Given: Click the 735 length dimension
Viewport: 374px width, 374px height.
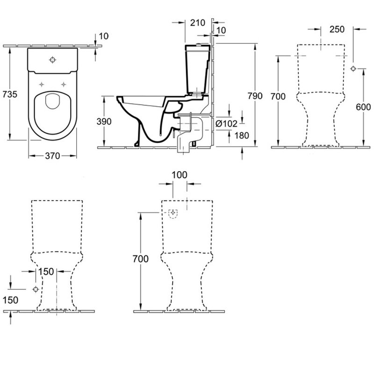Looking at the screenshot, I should pyautogui.click(x=10, y=94).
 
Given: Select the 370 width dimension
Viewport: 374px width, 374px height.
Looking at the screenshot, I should pyautogui.click(x=52, y=156).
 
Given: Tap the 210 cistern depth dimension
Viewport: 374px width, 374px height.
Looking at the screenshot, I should pyautogui.click(x=198, y=22).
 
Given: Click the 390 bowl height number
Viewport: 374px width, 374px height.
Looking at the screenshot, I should pyautogui.click(x=104, y=122).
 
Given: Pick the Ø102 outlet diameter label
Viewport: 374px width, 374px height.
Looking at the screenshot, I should pyautogui.click(x=227, y=124).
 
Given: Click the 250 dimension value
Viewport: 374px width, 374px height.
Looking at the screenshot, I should pyautogui.click(x=336, y=29).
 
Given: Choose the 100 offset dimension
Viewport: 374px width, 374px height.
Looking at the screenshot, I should pyautogui.click(x=179, y=175).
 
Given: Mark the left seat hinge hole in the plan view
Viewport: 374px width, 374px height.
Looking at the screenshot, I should pyautogui.click(x=42, y=84).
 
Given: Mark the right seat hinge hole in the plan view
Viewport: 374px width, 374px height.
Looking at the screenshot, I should pyautogui.click(x=63, y=84).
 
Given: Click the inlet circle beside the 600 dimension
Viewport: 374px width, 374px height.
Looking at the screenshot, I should pyautogui.click(x=354, y=69).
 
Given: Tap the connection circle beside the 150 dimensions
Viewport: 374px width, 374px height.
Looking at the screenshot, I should pyautogui.click(x=35, y=289).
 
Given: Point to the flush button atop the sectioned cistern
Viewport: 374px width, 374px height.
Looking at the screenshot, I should pyautogui.click(x=201, y=45).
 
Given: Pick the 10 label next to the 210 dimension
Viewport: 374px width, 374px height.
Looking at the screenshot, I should pyautogui.click(x=222, y=30).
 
